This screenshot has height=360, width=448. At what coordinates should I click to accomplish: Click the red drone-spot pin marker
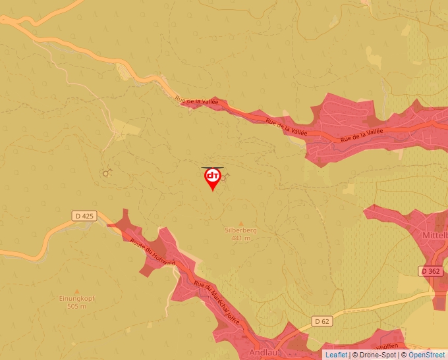[213, 178]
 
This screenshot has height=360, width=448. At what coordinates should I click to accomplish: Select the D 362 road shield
[430, 270]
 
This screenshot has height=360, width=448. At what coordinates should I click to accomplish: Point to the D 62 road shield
[321, 321]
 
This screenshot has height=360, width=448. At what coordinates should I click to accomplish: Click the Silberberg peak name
[240, 231]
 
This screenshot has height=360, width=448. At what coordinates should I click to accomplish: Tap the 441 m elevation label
[240, 238]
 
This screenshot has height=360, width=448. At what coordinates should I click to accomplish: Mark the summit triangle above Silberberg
[240, 223]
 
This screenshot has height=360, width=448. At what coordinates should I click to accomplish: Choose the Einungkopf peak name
[78, 299]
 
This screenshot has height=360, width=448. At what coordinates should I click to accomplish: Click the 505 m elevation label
[78, 307]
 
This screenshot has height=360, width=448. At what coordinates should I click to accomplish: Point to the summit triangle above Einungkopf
[78, 291]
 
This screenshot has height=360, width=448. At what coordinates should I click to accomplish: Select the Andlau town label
[263, 353]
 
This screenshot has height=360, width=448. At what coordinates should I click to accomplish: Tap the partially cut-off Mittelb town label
[435, 234]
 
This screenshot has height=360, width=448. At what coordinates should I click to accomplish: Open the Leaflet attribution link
[336, 355]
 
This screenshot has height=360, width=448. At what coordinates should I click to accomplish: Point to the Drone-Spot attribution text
[378, 355]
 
